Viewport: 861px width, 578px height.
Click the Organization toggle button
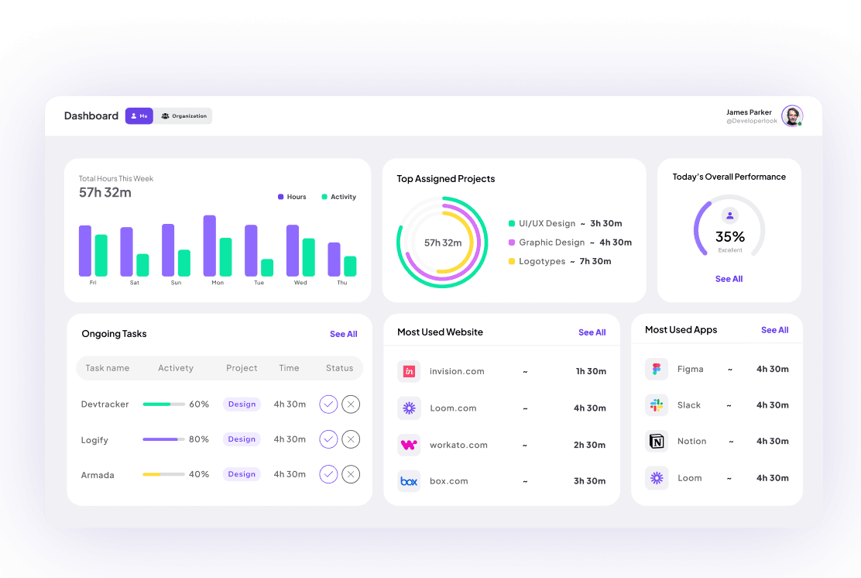pos(184,116)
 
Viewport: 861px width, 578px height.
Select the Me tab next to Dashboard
pos(139,116)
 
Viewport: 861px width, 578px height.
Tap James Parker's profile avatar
pos(791,116)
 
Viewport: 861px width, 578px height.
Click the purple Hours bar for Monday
pos(209,246)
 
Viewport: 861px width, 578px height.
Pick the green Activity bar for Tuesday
pos(267,267)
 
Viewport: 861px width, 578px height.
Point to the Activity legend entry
pos(338,197)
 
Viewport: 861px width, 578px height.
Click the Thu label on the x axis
pos(341,283)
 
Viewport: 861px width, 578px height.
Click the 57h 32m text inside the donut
pos(443,243)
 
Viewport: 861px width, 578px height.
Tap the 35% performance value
pos(729,236)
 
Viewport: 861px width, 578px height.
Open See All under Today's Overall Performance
pos(729,279)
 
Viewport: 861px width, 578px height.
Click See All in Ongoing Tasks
pos(343,334)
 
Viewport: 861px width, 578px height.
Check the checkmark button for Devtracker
pos(328,404)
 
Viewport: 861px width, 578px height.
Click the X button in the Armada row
pos(351,474)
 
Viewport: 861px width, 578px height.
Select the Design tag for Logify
pos(242,439)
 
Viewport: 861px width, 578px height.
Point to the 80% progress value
pos(199,439)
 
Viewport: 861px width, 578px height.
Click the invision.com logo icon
pos(409,371)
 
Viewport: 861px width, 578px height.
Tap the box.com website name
pos(449,481)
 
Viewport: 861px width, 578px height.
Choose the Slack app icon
pos(657,405)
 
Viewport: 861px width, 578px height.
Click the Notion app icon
pos(657,442)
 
